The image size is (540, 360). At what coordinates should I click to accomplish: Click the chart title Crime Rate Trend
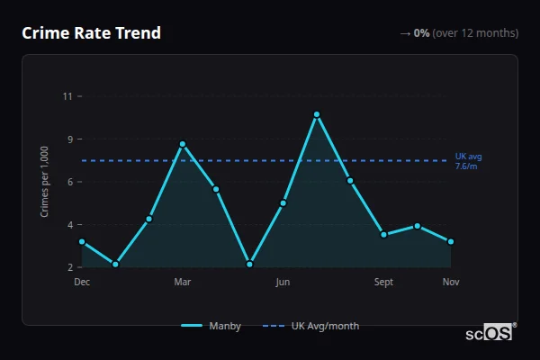[x=91, y=33]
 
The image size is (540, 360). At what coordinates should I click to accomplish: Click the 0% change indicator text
[x=421, y=33]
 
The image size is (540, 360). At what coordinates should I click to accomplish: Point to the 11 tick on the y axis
[x=67, y=96]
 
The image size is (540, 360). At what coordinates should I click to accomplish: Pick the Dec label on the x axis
[x=82, y=283]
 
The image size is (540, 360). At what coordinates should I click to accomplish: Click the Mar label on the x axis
[x=183, y=283]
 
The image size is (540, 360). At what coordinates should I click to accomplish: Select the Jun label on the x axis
[x=283, y=283]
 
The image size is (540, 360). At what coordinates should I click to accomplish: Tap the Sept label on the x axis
[x=383, y=283]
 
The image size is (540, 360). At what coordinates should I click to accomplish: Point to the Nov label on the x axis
[x=451, y=283]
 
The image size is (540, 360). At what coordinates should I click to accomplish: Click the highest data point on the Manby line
[x=317, y=114]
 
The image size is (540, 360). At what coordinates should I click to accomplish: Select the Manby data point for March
[x=183, y=144]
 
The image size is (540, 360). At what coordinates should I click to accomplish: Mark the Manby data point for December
[x=82, y=241]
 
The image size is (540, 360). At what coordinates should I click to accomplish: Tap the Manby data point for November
[x=451, y=241]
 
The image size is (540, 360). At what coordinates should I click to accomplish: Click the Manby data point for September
[x=383, y=234]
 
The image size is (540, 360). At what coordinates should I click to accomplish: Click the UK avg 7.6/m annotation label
[x=468, y=160]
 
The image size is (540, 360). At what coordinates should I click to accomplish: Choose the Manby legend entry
[x=212, y=326]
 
